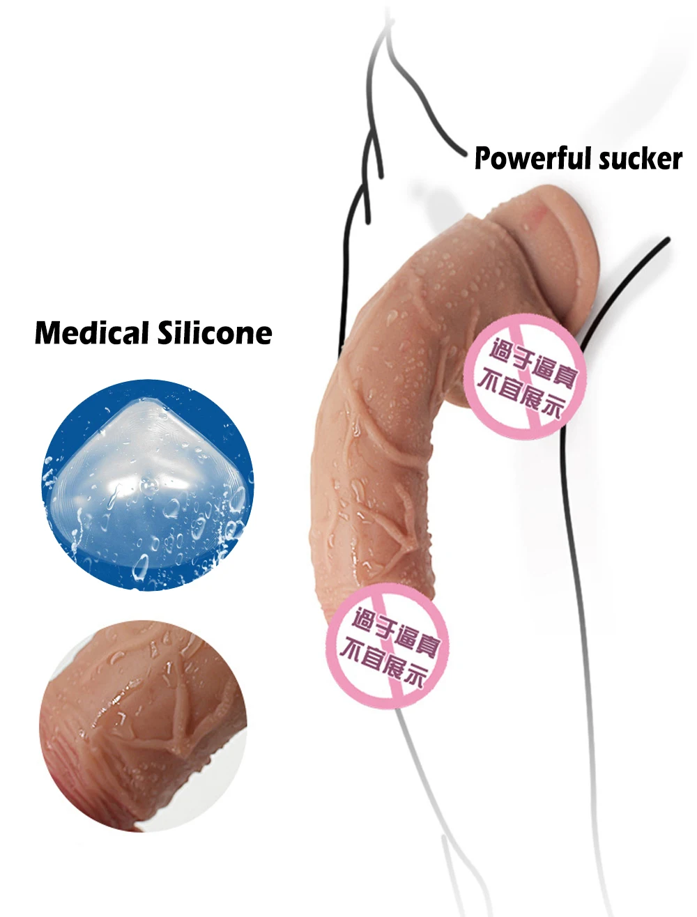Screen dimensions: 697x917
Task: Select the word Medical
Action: click(x=92, y=333)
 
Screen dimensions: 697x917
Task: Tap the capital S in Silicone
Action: click(x=164, y=333)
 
